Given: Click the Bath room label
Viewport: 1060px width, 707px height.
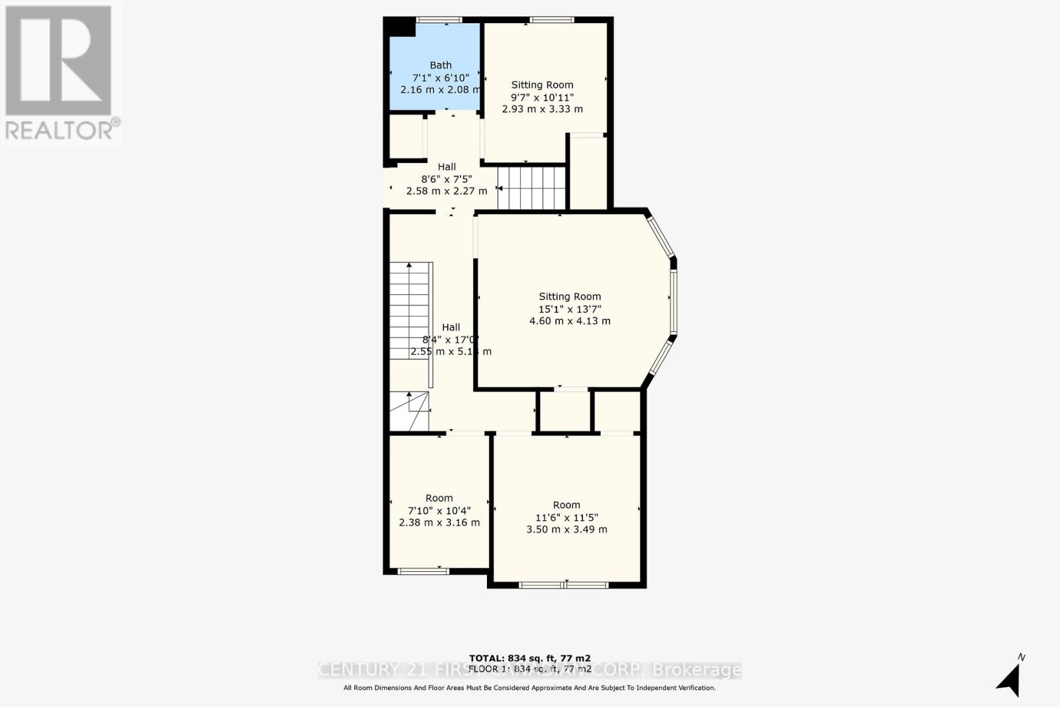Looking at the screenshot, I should [441, 65].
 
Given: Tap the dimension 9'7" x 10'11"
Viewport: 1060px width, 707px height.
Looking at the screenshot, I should [542, 97].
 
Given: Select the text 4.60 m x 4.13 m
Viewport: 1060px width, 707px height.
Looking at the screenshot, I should [570, 321].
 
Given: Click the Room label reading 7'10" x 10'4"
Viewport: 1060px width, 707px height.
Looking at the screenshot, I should [439, 498].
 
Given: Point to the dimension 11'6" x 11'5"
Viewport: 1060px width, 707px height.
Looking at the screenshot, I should [566, 517].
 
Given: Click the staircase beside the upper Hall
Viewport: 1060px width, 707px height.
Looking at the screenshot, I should [531, 188].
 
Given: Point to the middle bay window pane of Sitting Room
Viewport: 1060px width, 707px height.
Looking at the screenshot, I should [672, 301].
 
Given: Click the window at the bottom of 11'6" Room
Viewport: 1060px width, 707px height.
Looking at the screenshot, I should [564, 584].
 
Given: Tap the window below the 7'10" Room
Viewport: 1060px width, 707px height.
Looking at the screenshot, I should [423, 571].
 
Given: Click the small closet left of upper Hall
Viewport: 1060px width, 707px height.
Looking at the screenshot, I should [405, 138].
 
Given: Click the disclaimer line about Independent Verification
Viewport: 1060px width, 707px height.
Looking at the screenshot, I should [529, 688].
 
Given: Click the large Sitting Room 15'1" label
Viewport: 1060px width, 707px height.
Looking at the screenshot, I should [570, 297].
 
